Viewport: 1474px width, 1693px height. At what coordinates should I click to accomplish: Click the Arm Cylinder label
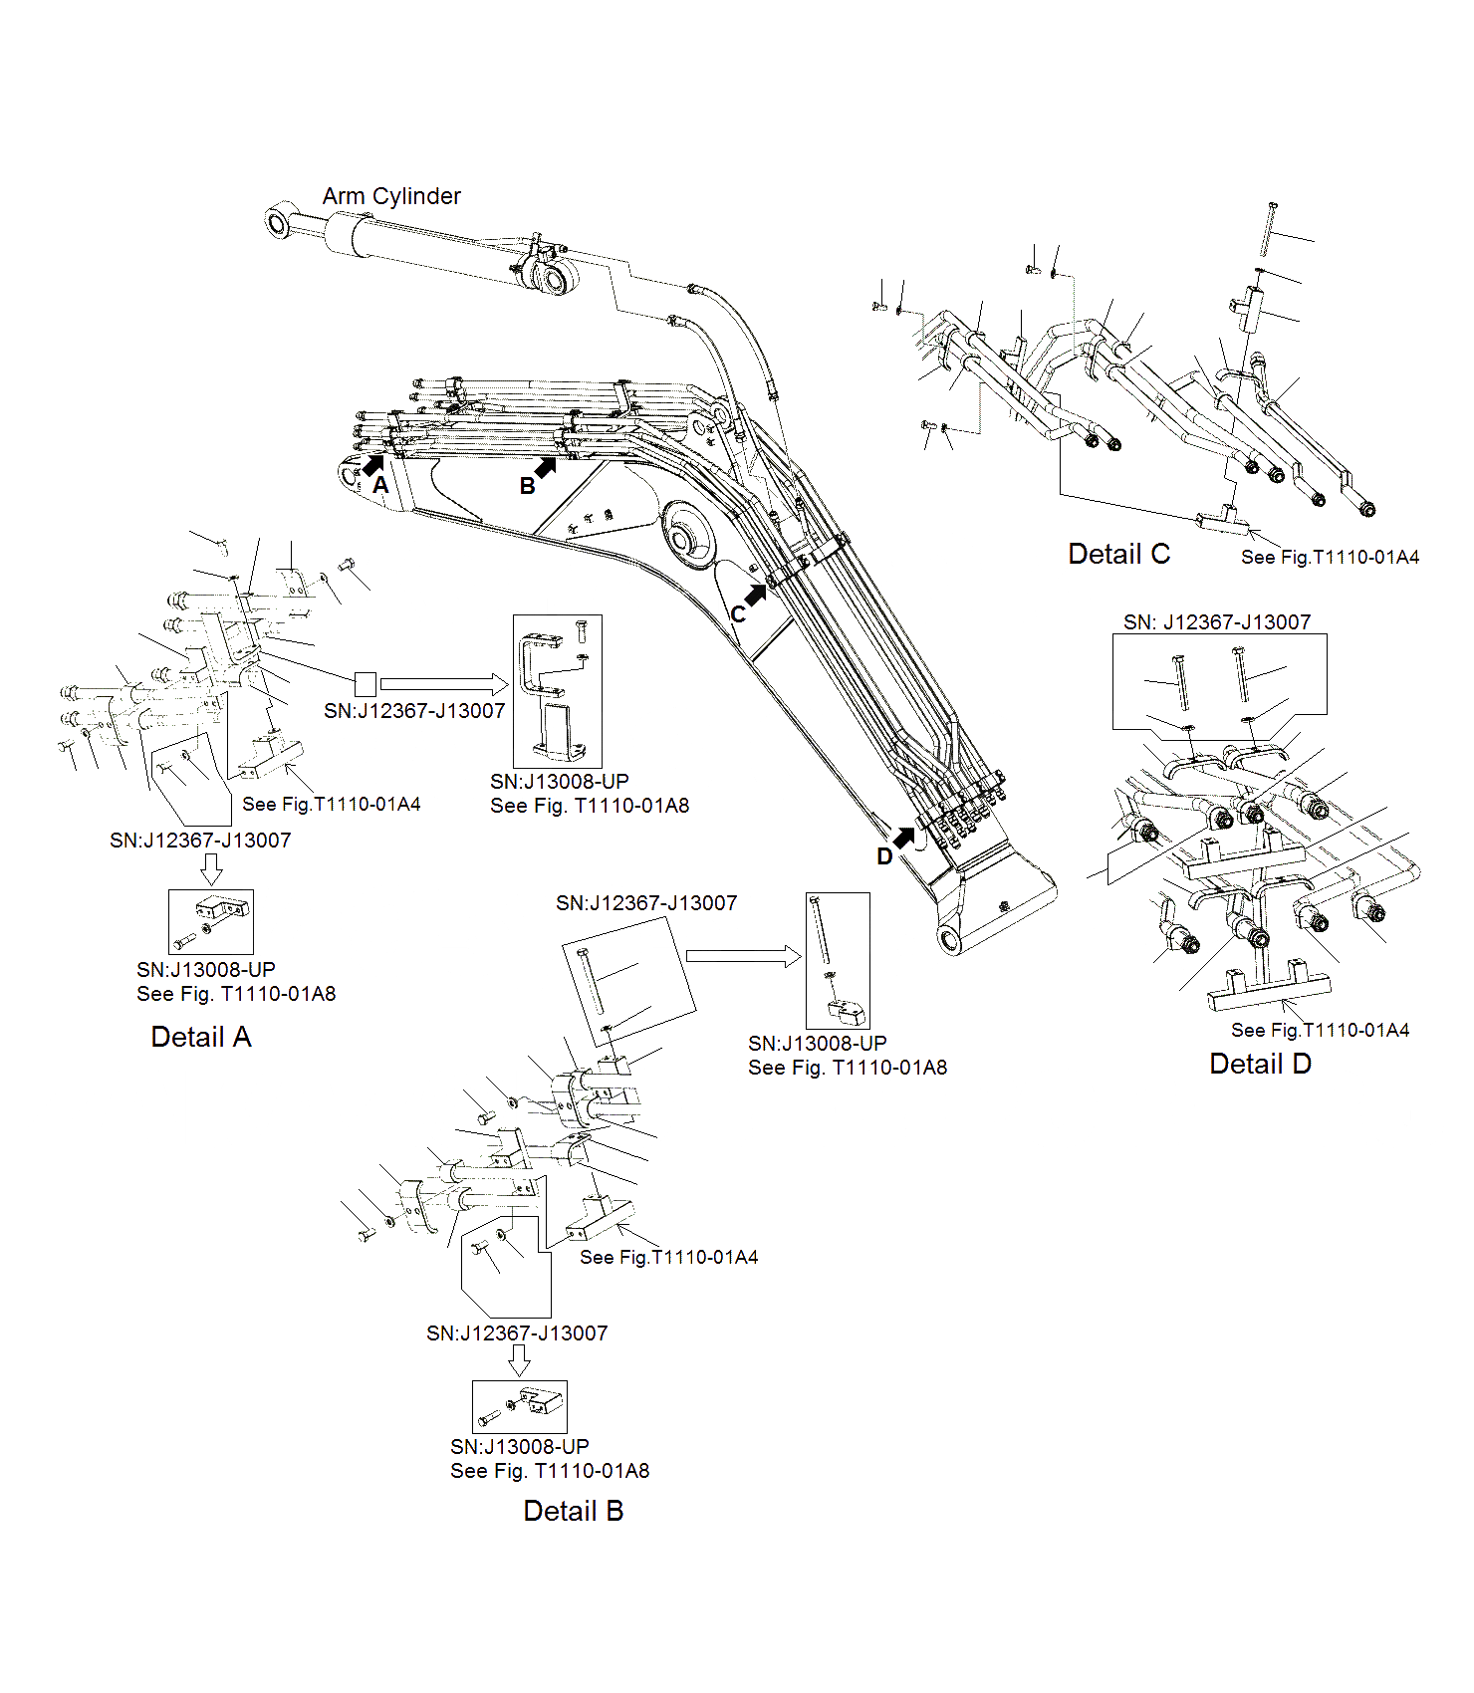390,196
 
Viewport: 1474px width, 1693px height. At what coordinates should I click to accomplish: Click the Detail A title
200,1037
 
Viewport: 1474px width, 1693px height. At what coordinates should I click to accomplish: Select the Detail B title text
573,1511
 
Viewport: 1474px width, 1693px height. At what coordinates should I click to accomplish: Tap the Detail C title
1118,554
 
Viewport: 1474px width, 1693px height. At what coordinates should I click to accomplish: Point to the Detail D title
1260,1064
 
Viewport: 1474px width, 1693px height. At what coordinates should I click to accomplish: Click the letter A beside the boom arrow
380,486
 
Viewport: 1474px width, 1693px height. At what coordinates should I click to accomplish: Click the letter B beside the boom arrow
527,486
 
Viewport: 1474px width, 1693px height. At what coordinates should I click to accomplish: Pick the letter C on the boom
738,614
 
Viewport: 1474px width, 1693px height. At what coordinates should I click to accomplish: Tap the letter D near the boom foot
884,856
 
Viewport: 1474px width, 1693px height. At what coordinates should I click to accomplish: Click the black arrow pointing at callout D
904,838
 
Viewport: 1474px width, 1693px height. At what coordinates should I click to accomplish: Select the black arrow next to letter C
756,596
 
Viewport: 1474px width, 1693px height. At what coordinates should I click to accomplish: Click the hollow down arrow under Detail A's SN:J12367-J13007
211,868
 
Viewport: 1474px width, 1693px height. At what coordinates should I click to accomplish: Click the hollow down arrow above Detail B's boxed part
519,1360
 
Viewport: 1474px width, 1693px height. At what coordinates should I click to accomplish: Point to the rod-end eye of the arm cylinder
277,221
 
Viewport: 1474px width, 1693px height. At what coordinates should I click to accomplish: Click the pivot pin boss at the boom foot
950,938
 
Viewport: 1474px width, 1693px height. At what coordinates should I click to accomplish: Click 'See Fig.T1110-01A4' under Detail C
1330,558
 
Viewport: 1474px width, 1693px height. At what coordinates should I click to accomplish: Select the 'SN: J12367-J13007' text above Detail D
1217,622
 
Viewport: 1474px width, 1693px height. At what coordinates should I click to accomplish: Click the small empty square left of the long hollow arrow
366,684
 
